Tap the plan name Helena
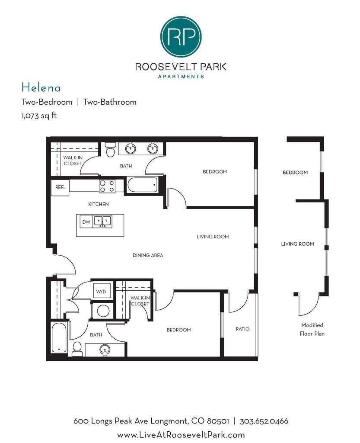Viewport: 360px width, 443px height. pyautogui.click(x=41, y=87)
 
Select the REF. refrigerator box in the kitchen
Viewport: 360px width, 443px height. pyautogui.click(x=59, y=187)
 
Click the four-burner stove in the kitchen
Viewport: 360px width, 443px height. pyautogui.click(x=107, y=186)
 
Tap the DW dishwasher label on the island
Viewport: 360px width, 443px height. pyautogui.click(x=86, y=222)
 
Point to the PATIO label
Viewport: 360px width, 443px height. pyautogui.click(x=242, y=329)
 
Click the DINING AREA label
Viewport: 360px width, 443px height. pyautogui.click(x=148, y=255)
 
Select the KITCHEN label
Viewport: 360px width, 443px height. pyautogui.click(x=99, y=204)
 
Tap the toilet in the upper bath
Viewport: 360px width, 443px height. pyautogui.click(x=109, y=150)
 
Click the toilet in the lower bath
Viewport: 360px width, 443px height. pyautogui.click(x=77, y=349)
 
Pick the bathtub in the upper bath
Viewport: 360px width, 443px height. pyautogui.click(x=142, y=186)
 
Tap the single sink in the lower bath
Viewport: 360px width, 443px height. pyautogui.click(x=104, y=349)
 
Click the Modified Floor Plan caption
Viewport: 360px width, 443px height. pyautogui.click(x=312, y=329)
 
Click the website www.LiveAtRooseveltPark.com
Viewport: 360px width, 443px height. pyautogui.click(x=181, y=434)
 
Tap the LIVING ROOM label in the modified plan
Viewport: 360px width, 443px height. pyautogui.click(x=297, y=244)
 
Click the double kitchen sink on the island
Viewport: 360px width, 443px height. pyautogui.click(x=103, y=221)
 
